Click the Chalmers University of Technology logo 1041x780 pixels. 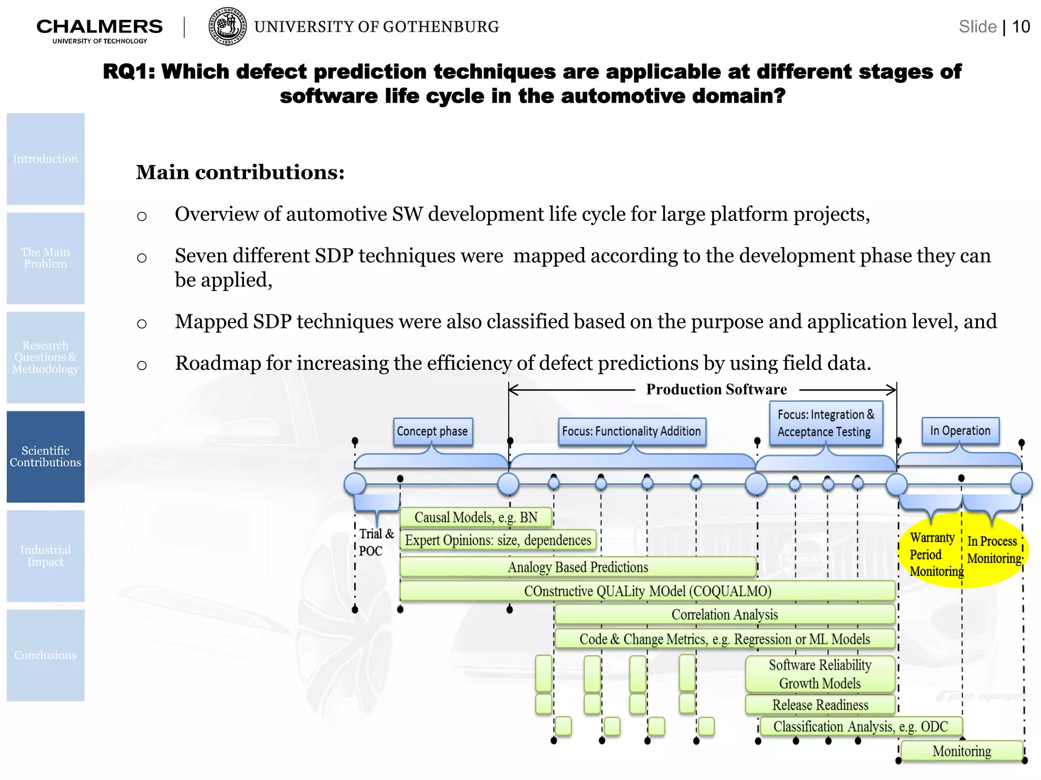click(x=100, y=30)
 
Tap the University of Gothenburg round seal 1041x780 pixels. click(x=228, y=26)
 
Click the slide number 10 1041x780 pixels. click(x=1021, y=26)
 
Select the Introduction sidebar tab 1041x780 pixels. click(x=46, y=159)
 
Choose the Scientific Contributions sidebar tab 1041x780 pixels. click(x=46, y=457)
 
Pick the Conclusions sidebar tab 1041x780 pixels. click(x=46, y=655)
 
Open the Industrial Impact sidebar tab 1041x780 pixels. click(x=46, y=556)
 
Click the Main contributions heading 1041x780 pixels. click(x=240, y=173)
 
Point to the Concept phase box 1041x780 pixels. click(x=433, y=432)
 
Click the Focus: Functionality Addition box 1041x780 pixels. click(x=631, y=432)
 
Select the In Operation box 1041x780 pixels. click(x=960, y=431)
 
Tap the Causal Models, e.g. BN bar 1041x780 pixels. click(x=476, y=517)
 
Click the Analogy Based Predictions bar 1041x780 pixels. click(x=578, y=567)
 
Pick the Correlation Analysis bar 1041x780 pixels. click(x=724, y=614)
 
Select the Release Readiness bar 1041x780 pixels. click(x=820, y=705)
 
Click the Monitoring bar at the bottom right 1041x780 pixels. click(x=961, y=751)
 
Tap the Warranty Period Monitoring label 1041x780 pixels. click(x=933, y=554)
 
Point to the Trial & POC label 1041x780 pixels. click(x=375, y=542)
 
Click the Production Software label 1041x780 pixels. click(x=716, y=389)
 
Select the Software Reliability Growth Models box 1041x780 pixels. click(x=820, y=674)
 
